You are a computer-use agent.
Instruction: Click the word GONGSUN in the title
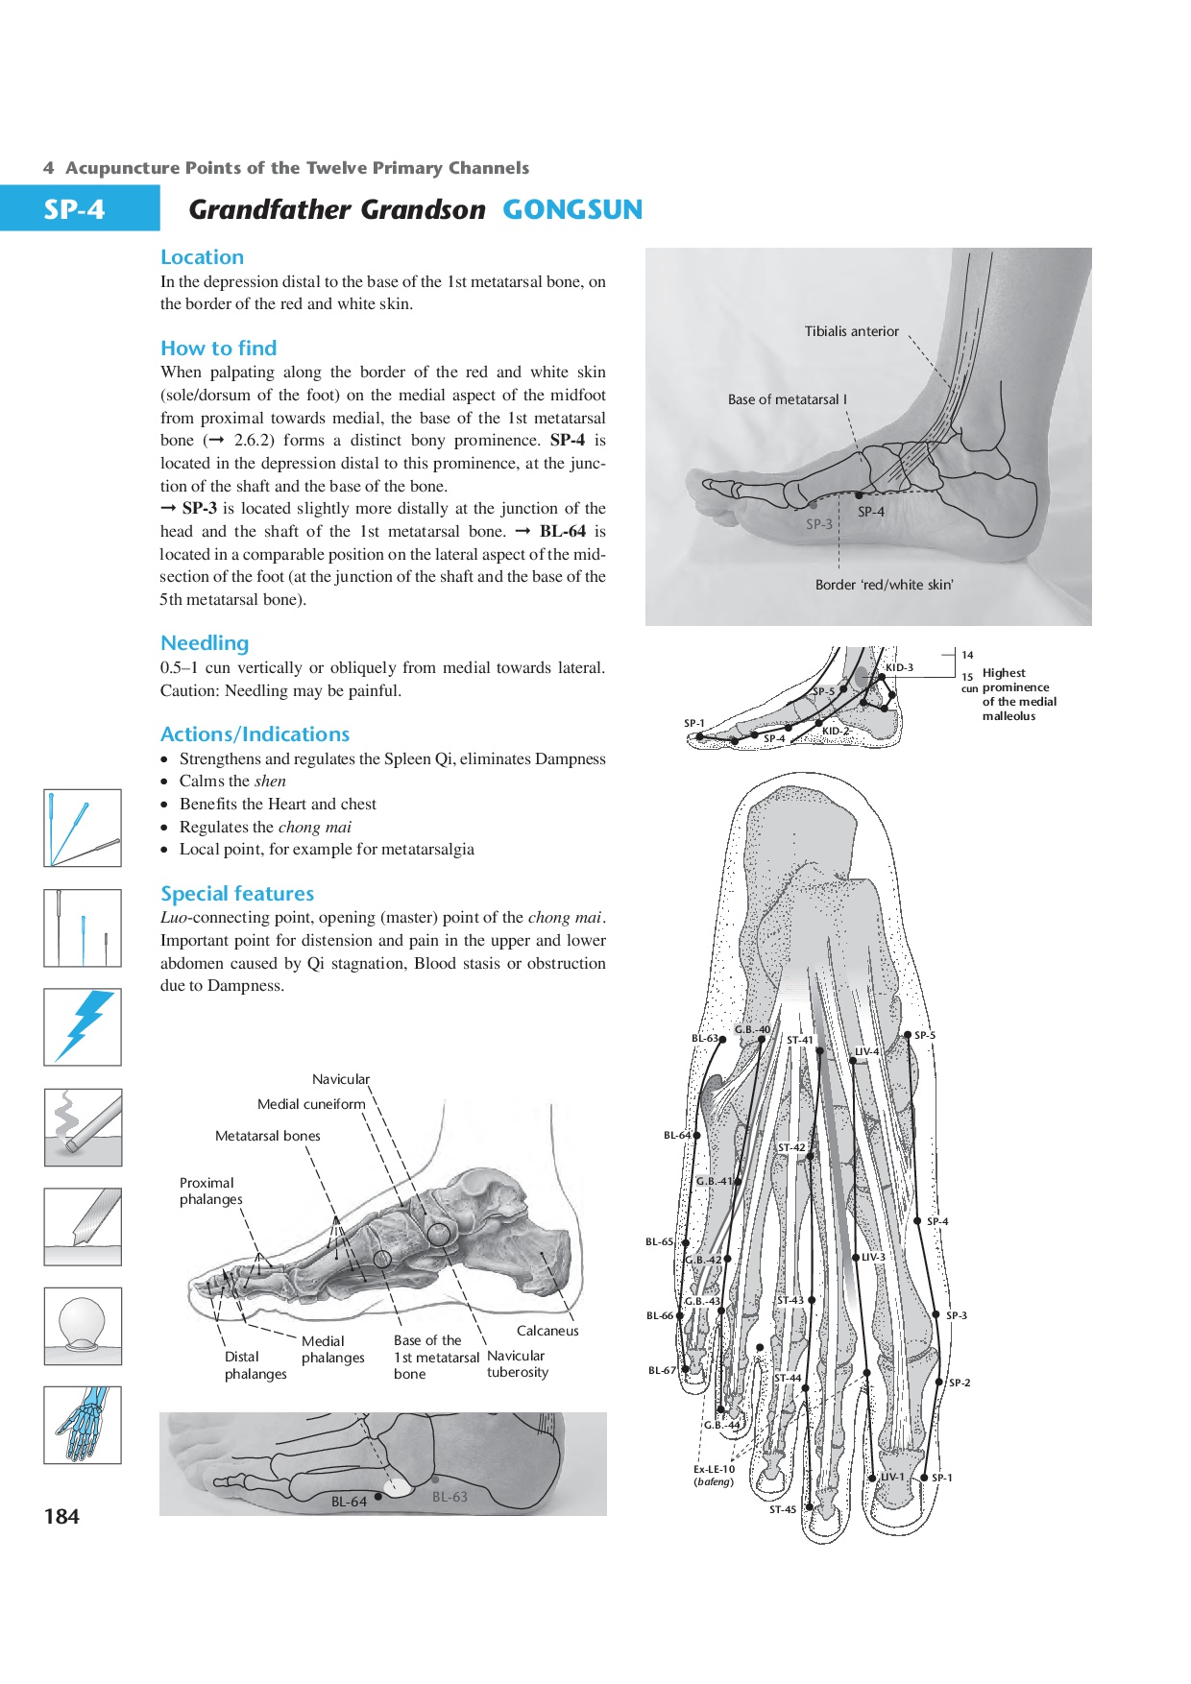click(x=572, y=209)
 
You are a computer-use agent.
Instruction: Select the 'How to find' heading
click(x=219, y=348)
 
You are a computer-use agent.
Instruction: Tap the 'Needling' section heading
click(x=205, y=643)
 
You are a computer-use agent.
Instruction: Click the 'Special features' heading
click(x=237, y=894)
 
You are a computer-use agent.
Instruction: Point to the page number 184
click(x=61, y=1516)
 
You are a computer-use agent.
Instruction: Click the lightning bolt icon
click(x=83, y=1026)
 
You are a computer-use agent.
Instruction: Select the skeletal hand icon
click(x=83, y=1425)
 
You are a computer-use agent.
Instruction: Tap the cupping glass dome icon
click(x=83, y=1325)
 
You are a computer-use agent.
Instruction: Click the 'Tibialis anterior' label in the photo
click(x=851, y=331)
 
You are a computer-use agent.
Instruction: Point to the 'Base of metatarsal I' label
click(x=787, y=399)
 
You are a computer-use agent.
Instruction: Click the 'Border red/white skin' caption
click(x=884, y=585)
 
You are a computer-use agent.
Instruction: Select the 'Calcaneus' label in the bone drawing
click(x=547, y=1331)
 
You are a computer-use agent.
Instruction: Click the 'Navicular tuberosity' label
click(x=517, y=1364)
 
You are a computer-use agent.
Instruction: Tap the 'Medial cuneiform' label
click(x=311, y=1104)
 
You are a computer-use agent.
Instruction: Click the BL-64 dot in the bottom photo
click(x=378, y=1496)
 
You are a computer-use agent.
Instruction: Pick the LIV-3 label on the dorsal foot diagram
click(x=873, y=1257)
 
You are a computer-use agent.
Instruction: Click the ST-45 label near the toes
click(x=783, y=1509)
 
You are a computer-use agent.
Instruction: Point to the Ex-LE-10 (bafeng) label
click(x=714, y=1475)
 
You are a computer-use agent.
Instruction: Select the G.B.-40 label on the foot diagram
click(x=752, y=1029)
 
